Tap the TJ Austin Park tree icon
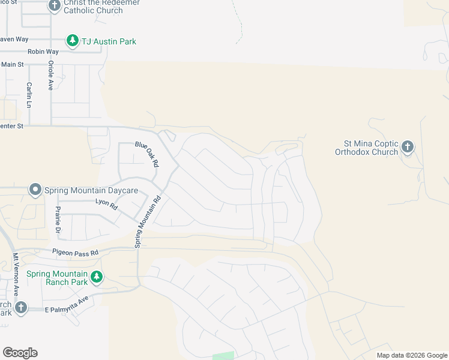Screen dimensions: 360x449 (73, 40)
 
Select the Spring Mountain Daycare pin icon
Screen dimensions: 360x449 (35, 190)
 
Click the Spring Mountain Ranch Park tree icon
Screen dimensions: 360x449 (95, 277)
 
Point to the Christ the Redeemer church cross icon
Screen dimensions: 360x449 (55, 5)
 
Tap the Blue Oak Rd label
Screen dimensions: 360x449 (146, 154)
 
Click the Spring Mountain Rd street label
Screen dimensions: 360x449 (148, 221)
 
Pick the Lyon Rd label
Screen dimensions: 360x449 (106, 203)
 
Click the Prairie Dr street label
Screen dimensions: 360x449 (58, 220)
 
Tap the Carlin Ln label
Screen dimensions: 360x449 (28, 95)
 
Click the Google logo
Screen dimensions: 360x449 (20, 353)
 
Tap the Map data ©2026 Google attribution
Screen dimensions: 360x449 (411, 355)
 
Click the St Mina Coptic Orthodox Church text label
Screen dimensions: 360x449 (370, 148)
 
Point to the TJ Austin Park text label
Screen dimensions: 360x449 (109, 41)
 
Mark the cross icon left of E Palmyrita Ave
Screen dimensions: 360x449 (20, 308)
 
